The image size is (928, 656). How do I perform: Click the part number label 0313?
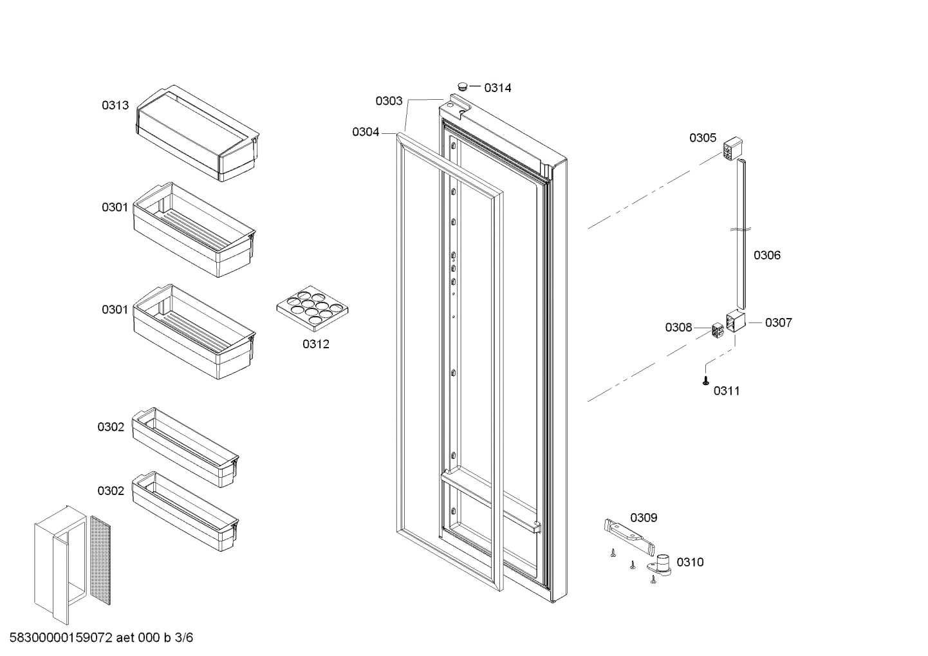(115, 106)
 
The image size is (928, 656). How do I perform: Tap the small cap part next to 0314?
(462, 86)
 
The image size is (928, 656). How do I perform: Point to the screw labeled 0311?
(706, 381)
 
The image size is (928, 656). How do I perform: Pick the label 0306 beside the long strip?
(767, 256)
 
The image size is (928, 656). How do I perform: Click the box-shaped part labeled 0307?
(735, 321)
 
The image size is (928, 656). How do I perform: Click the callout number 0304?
(366, 132)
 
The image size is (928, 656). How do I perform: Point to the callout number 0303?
(389, 101)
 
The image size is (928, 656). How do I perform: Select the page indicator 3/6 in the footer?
(183, 638)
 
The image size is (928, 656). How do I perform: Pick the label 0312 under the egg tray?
(316, 344)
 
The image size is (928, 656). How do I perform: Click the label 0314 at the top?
(497, 88)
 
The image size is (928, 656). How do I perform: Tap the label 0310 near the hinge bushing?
(690, 563)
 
